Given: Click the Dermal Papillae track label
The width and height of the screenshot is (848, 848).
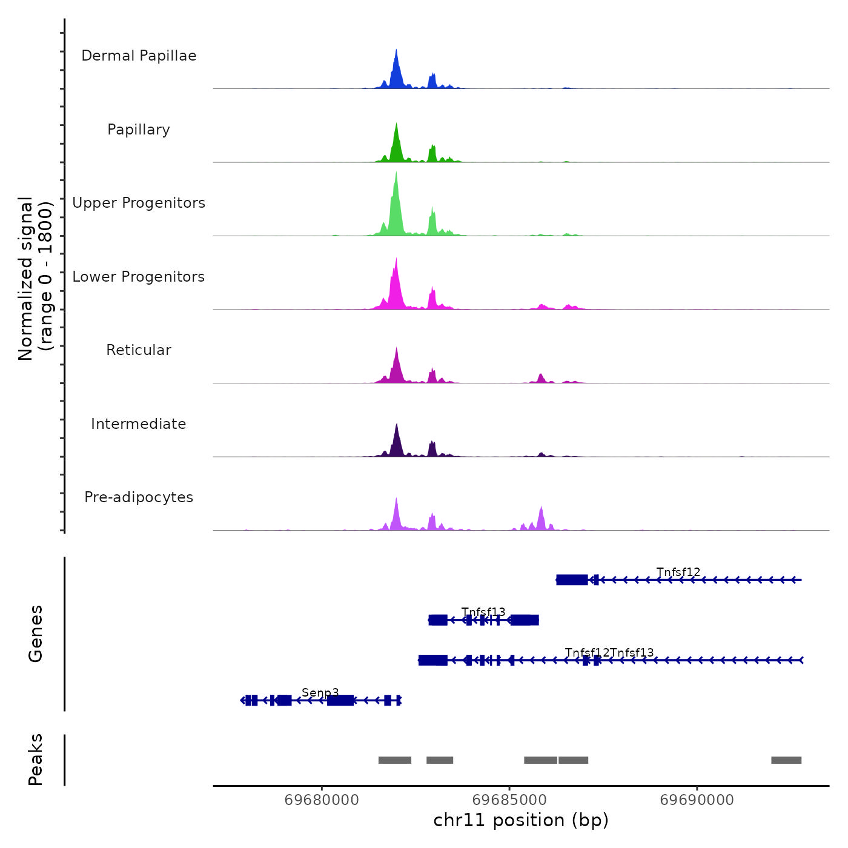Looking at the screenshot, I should [x=139, y=56].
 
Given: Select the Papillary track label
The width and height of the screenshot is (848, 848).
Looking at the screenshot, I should [x=139, y=130].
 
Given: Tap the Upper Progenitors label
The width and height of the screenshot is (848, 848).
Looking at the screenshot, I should [x=139, y=203].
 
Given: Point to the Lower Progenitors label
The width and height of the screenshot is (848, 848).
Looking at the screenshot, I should [x=139, y=277].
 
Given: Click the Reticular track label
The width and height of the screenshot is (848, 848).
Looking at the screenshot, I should [x=139, y=350].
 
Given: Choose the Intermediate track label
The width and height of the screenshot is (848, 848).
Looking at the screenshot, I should [x=139, y=424].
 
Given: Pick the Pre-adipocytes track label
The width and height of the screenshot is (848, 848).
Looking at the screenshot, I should [x=139, y=497].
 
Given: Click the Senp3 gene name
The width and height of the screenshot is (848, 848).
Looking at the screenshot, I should [x=320, y=692].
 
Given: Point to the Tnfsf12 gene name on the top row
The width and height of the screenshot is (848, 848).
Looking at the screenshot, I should [x=678, y=572].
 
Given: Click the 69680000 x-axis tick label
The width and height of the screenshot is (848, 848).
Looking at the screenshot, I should [x=322, y=800].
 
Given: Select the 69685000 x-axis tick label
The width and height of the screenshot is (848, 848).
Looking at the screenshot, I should [x=509, y=800].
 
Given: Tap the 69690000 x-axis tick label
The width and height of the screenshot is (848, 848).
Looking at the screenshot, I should [x=697, y=800].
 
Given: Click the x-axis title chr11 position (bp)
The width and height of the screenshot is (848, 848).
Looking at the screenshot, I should [x=521, y=820].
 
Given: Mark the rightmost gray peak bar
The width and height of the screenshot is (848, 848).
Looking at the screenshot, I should [x=786, y=760].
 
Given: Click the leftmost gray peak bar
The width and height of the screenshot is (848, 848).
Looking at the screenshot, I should [x=395, y=760].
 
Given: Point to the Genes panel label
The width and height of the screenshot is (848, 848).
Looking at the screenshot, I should [x=36, y=634].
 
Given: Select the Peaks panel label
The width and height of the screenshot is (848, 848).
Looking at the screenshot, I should [x=36, y=760].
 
